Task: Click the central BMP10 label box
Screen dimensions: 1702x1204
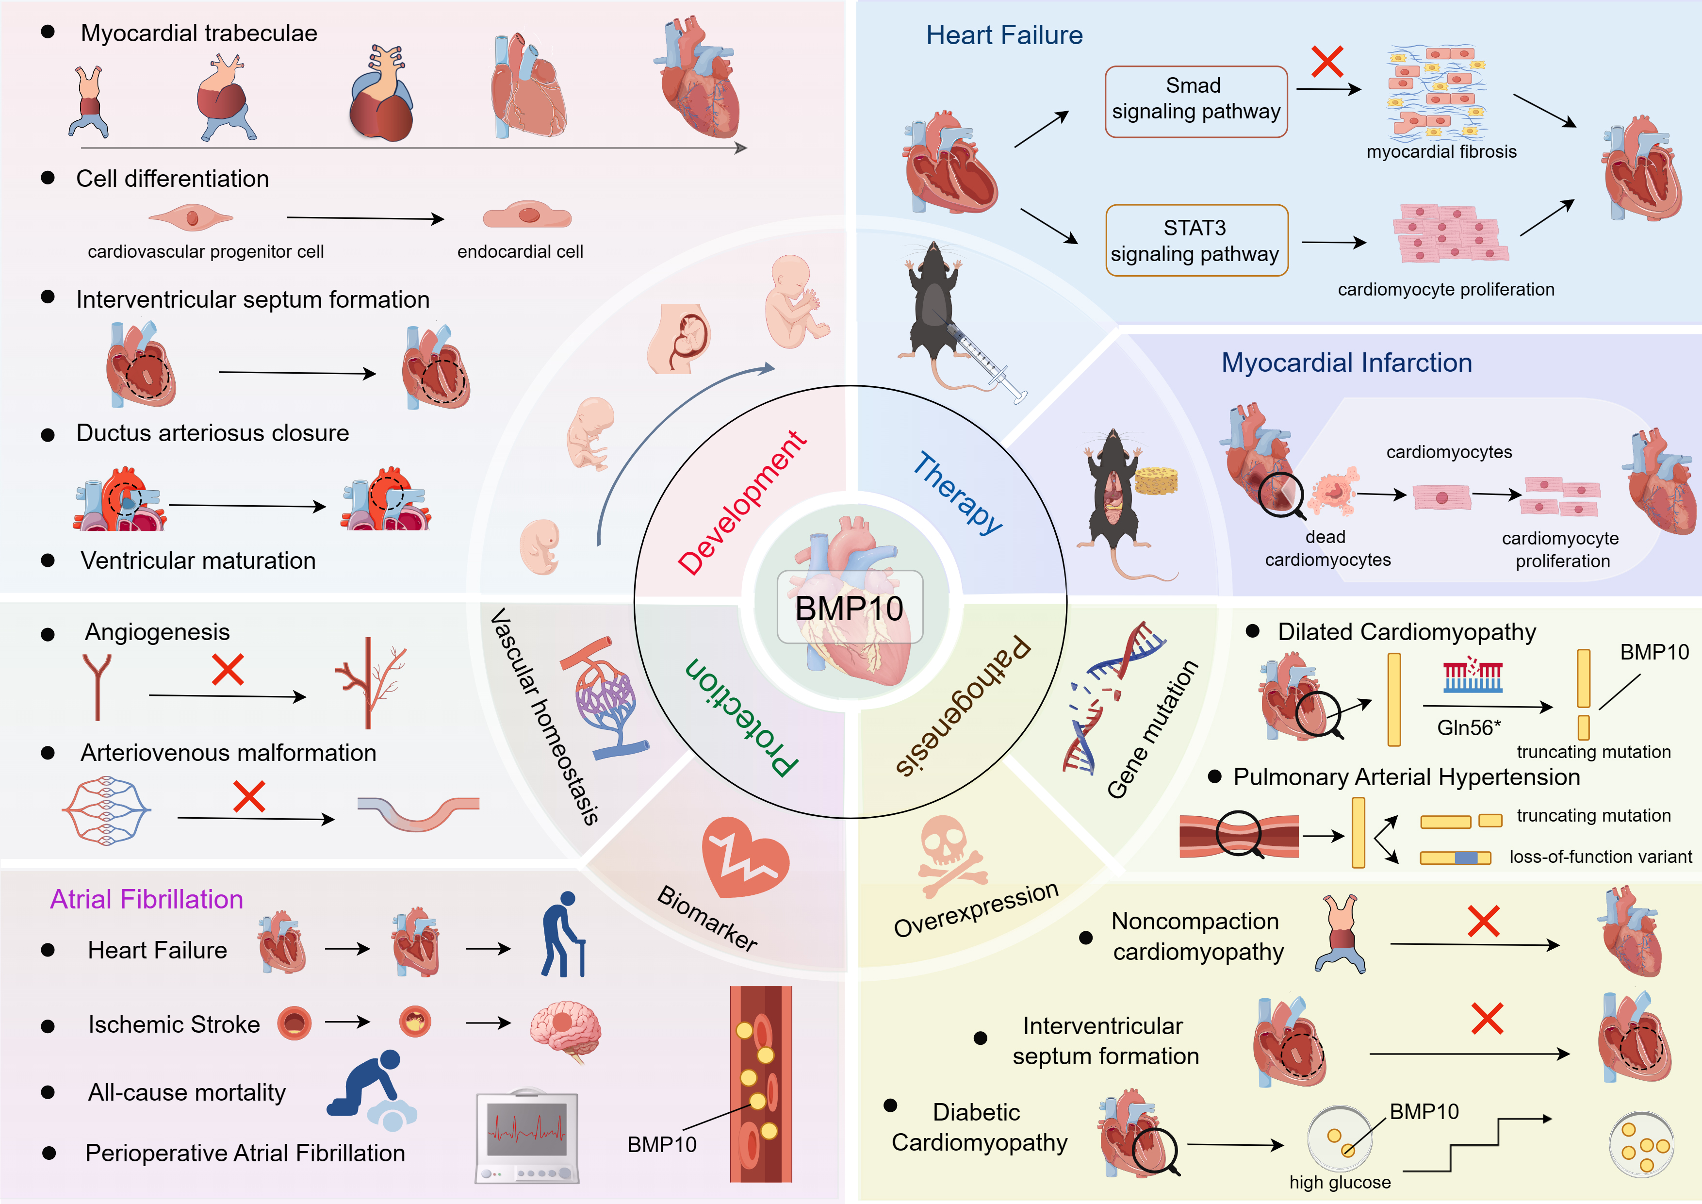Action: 850,607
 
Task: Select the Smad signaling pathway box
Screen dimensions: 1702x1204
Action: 1195,101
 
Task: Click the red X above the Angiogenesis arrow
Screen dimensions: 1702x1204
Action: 228,670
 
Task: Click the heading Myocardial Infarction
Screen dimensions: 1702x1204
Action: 1346,363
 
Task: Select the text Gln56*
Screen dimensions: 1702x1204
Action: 1469,727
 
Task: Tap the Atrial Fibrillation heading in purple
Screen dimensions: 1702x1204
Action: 147,899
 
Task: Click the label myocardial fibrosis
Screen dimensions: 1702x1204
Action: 1441,152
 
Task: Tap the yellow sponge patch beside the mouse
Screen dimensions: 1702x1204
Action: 1156,480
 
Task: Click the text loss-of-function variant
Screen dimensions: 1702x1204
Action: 1601,857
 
